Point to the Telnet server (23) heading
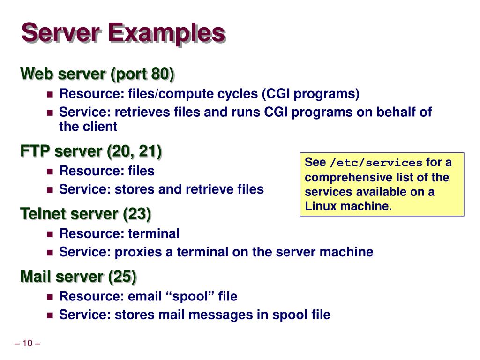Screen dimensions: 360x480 point(86,214)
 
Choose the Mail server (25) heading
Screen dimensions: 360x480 point(78,277)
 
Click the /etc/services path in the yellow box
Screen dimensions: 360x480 point(376,163)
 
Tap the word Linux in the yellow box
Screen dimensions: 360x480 point(321,206)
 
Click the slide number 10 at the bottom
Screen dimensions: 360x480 point(27,344)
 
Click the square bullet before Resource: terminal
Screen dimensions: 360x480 point(50,233)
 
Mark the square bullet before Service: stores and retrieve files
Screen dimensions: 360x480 point(50,189)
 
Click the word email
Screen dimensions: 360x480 point(144,296)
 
